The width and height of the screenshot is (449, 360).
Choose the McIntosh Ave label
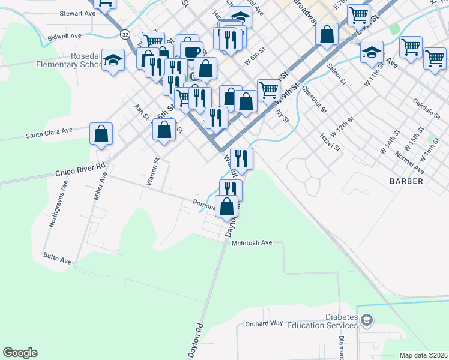252,243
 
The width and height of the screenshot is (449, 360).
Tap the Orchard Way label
264,323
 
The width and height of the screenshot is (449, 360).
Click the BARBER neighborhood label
406,181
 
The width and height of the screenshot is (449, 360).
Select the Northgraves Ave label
59,205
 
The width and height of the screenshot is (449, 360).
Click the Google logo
20,353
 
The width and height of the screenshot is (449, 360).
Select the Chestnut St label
315,100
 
